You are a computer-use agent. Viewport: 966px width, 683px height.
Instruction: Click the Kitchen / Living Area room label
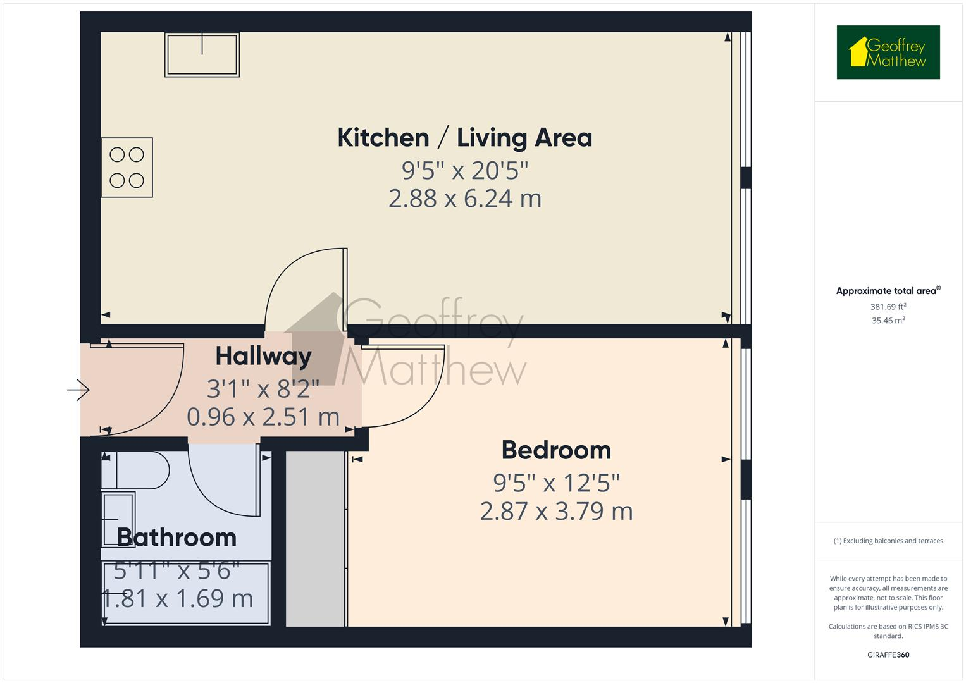[x=464, y=138]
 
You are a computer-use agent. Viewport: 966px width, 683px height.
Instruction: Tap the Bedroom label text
[x=556, y=450]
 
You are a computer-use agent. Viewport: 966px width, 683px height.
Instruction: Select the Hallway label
[x=263, y=356]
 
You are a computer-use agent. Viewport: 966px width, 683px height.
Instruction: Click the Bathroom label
[x=176, y=538]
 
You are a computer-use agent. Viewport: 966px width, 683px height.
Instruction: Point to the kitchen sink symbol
[x=202, y=54]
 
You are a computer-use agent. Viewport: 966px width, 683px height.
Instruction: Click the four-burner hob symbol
[x=127, y=168]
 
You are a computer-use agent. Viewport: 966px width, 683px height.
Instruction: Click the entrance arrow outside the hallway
[x=78, y=390]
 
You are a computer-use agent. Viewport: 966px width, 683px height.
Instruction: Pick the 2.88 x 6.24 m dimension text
[x=464, y=199]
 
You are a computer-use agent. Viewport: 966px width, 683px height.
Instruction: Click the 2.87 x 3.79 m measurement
[x=556, y=511]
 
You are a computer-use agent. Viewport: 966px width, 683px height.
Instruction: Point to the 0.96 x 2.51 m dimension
[x=263, y=417]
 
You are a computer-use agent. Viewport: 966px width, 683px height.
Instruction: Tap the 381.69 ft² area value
[x=888, y=307]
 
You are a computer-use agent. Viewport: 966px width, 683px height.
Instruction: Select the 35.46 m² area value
[x=888, y=321]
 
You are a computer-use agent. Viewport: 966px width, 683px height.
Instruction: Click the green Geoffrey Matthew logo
[x=888, y=52]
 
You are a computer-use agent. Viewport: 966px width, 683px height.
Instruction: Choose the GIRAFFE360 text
[x=888, y=655]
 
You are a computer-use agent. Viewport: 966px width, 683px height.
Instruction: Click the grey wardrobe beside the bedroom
[x=316, y=538]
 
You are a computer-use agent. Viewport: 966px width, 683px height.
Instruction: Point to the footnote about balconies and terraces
[x=888, y=541]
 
